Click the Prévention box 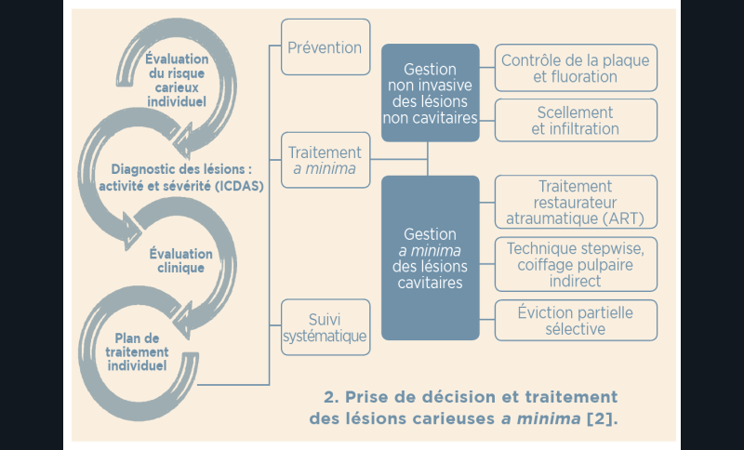325,47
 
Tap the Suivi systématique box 325,326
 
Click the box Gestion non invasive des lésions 430,93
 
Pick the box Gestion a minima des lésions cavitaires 430,257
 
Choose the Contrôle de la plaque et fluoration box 576,68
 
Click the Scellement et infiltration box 576,120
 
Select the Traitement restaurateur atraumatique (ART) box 576,202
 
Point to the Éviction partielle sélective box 576,321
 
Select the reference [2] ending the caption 603,418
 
